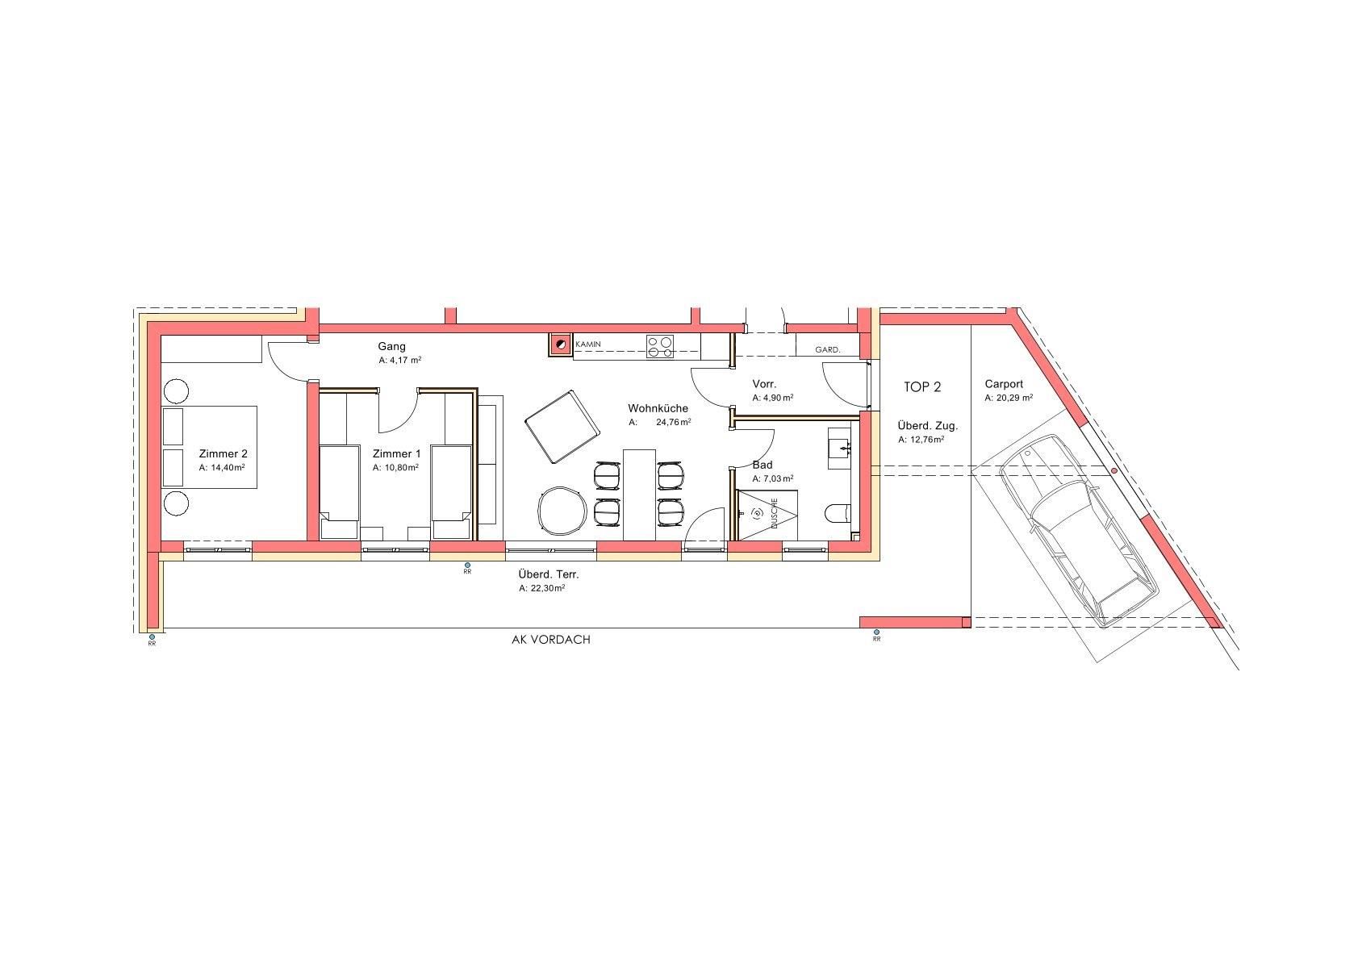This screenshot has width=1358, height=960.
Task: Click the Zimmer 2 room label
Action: [x=223, y=454]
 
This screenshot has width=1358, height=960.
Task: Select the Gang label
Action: [x=391, y=347]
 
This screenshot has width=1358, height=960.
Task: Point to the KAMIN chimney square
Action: [x=560, y=344]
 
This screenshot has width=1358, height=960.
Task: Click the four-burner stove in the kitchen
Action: [x=659, y=346]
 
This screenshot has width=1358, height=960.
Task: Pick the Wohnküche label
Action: [x=658, y=408]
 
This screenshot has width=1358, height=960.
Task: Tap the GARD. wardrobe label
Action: [x=828, y=349]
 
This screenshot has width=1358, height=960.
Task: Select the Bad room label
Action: [x=763, y=465]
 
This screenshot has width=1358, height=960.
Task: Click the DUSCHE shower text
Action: [x=774, y=514]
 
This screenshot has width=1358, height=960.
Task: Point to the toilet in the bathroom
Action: [x=838, y=514]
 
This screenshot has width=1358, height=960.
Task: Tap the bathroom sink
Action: [x=840, y=448]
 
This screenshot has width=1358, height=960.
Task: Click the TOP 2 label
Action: [x=922, y=387]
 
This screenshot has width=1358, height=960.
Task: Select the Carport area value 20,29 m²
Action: [x=1009, y=399]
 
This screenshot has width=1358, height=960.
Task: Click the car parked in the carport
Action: [x=1077, y=530]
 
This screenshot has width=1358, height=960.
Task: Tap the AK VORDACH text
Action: [x=551, y=640]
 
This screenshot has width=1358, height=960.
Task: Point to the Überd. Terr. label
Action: [x=549, y=574]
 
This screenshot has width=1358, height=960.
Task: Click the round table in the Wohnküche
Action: [x=562, y=511]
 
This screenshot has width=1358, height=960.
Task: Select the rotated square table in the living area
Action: [x=562, y=427]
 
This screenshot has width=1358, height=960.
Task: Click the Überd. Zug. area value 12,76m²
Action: [x=921, y=440]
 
